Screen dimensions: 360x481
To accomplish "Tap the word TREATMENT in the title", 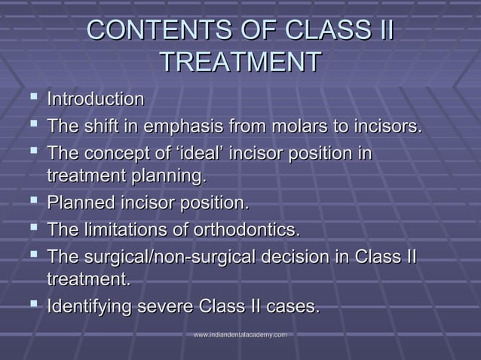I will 240,63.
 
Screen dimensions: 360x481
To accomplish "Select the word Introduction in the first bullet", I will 96,99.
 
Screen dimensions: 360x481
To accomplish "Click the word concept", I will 111,153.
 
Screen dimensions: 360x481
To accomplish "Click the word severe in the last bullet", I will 164,308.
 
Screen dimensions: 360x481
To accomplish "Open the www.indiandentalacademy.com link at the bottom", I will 240,334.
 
